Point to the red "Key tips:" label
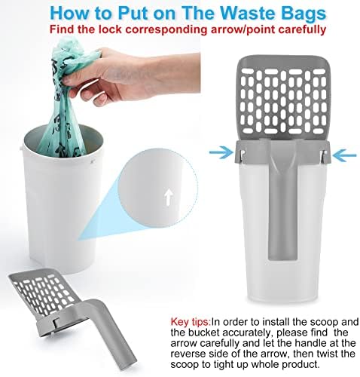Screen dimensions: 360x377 click(191, 322)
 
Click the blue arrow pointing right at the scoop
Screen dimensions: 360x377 click(221, 152)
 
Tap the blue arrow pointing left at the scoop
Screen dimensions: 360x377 click(343, 155)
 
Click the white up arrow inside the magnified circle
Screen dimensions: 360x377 click(169, 197)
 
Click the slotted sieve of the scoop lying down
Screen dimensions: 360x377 click(44, 293)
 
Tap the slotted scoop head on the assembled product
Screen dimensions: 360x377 click(282, 98)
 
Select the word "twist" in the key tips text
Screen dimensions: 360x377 click(328, 354)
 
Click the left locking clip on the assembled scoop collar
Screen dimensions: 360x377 click(243, 155)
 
